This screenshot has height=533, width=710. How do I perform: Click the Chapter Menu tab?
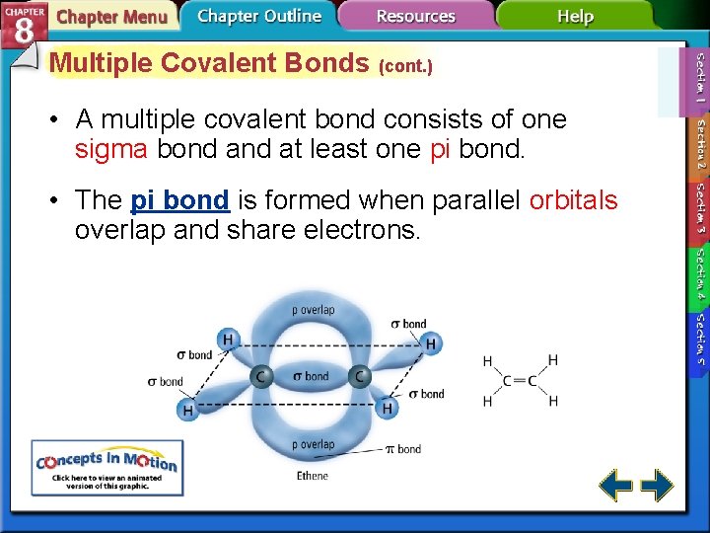click(x=110, y=17)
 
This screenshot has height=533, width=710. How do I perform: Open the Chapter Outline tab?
click(x=259, y=16)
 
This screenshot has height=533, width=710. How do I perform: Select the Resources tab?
click(x=417, y=16)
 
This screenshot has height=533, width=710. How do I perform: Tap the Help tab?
click(x=575, y=16)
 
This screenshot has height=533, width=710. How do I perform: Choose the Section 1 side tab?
click(x=700, y=79)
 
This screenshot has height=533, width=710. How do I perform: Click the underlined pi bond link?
click(x=179, y=200)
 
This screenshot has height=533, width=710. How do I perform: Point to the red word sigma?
click(x=111, y=149)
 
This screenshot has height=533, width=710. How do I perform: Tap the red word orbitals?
click(x=573, y=200)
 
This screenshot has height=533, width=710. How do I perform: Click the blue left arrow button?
click(x=616, y=485)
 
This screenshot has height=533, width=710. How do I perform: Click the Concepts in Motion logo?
click(x=106, y=467)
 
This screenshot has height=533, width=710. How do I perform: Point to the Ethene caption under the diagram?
click(x=313, y=476)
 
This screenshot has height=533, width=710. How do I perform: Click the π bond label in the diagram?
click(x=402, y=449)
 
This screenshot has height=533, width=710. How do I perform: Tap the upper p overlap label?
click(x=313, y=310)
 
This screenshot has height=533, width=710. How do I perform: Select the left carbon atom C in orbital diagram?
click(x=262, y=376)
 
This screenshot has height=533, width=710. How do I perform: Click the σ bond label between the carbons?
click(x=312, y=376)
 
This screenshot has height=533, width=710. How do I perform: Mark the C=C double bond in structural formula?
click(x=519, y=381)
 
